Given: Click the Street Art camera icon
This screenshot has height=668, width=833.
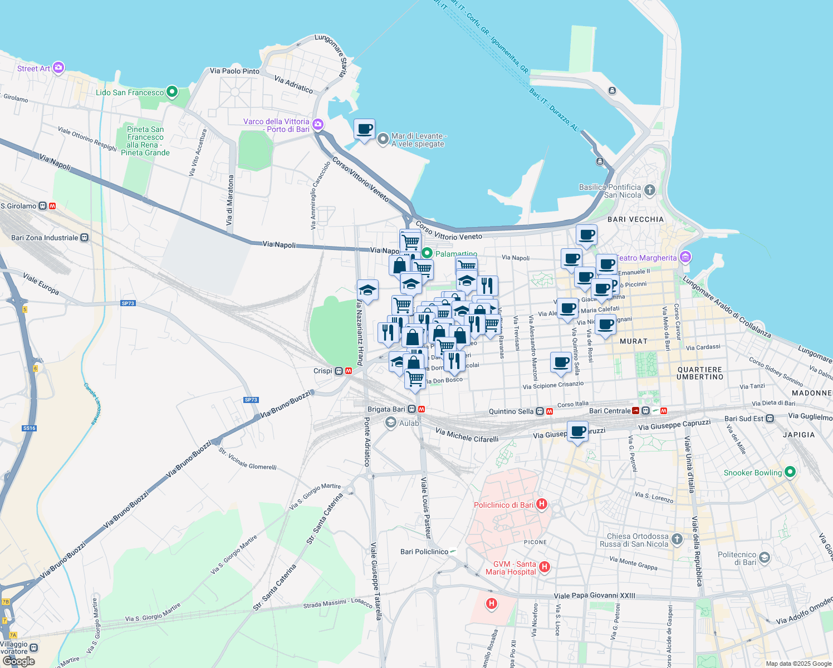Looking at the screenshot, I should pos(58,68).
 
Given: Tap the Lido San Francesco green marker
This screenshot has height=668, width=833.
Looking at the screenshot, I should pos(172,91).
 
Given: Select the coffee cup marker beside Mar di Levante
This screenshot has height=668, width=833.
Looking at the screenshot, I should pos(364,130).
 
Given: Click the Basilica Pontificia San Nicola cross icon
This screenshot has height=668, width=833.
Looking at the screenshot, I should pos(649,190).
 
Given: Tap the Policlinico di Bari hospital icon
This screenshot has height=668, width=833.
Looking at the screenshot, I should pos(541,504).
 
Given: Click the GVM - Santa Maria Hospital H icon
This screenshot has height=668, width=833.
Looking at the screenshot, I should pos(545,567).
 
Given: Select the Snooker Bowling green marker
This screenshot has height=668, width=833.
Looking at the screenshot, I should pos(790,472).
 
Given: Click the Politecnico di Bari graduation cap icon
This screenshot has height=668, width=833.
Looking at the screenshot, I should pos(765,558).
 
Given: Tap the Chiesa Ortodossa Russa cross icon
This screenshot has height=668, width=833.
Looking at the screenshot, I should pos(677,539).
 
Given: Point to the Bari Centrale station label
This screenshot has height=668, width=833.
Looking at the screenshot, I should pos(610,411).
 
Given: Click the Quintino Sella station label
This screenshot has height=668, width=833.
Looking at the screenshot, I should pos(511,411).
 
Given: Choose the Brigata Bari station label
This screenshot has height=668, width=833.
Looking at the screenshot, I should pos(386,409).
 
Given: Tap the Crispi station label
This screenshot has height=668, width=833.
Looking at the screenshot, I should pos(323,371).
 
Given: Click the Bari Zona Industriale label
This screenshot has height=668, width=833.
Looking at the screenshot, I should pos(45,238).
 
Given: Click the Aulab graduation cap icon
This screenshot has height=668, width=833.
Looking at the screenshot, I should pos(391,423).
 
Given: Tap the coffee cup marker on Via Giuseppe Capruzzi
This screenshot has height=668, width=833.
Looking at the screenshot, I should pos(577,431).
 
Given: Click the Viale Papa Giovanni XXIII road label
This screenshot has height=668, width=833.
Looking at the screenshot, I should pos(594,596).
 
